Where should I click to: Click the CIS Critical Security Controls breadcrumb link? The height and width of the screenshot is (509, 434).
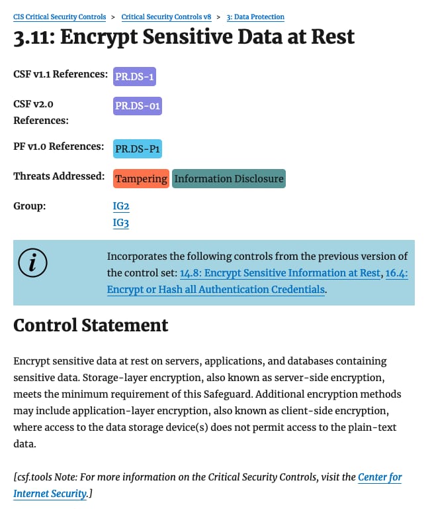coord(60,16)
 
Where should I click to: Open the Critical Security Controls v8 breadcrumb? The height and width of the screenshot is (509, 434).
coord(165,16)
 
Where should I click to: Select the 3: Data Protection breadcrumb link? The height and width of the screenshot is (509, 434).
coord(255,16)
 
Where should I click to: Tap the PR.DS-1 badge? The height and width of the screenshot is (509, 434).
coord(134,77)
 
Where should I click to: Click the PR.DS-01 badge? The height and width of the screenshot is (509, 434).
coord(138,105)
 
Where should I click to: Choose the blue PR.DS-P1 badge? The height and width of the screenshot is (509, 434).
coord(138,149)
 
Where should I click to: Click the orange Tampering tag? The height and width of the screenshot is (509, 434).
coord(141,179)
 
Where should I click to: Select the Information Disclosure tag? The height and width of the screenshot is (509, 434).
coord(229,179)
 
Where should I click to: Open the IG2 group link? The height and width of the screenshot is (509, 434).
coord(121,207)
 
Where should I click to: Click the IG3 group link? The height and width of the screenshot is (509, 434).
coord(121,223)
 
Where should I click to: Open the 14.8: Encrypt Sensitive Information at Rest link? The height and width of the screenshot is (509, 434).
coord(280,272)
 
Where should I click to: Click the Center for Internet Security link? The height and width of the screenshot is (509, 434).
coord(380,477)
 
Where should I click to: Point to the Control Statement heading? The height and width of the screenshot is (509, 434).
coord(91,325)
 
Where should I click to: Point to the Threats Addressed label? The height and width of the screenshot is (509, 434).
coord(59,176)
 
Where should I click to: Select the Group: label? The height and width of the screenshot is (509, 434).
coord(30,206)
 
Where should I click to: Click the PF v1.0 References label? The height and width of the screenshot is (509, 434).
coord(58,146)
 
